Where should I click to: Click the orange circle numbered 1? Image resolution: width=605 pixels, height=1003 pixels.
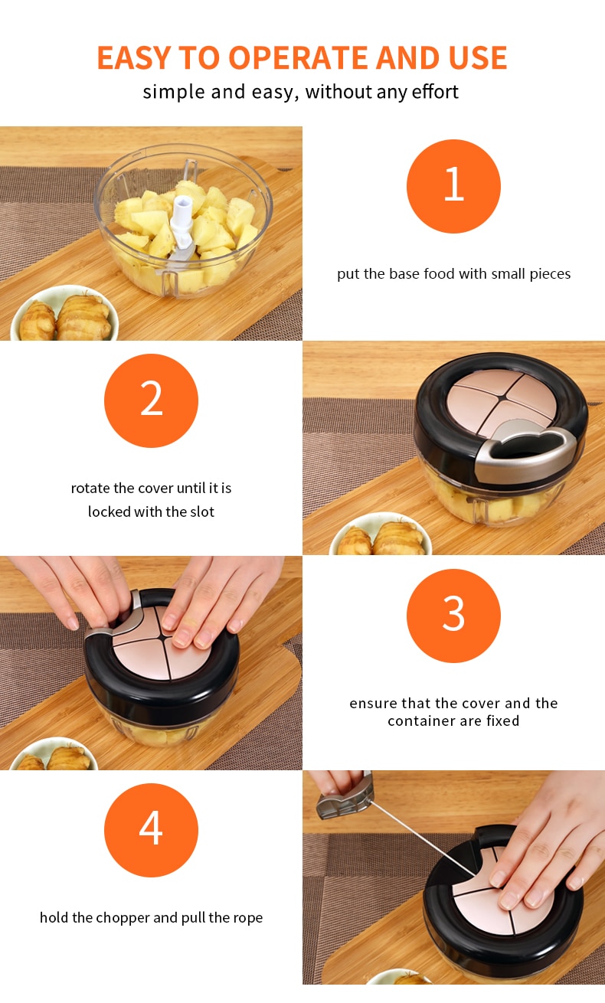tap(453, 186)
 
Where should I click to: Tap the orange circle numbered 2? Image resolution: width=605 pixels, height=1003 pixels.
tap(151, 400)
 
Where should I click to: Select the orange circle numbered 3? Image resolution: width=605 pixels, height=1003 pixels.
tap(453, 616)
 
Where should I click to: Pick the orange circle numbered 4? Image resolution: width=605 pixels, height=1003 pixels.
tap(151, 830)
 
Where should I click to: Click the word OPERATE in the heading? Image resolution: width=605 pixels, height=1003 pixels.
tap(299, 57)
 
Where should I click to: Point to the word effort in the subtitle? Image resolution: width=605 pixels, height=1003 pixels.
tap(435, 92)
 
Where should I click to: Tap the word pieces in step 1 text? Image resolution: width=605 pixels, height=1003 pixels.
tap(551, 274)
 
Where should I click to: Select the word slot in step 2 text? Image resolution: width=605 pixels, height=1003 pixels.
tap(202, 511)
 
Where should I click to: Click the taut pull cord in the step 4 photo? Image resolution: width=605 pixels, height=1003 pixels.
tap(423, 838)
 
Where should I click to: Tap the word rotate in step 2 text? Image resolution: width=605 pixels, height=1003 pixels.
tap(90, 488)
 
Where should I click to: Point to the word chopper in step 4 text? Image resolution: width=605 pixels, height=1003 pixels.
tap(123, 918)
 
